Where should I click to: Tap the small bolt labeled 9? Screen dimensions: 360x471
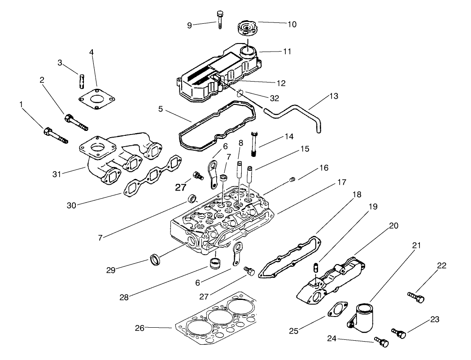219,19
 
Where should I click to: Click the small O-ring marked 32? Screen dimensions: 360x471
241,93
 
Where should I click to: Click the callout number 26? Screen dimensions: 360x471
140,328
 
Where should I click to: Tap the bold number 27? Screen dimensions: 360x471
180,187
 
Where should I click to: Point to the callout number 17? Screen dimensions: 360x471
342,182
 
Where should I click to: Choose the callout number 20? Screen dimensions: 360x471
393,226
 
